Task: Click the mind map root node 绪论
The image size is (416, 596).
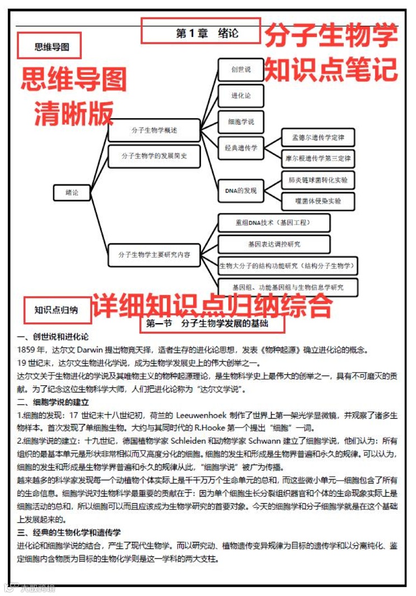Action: (x=72, y=192)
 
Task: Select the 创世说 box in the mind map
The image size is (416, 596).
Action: (x=241, y=69)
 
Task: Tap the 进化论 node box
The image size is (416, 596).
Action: (x=241, y=96)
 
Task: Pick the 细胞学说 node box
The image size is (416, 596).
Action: (x=241, y=122)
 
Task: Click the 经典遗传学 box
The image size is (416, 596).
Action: (x=241, y=148)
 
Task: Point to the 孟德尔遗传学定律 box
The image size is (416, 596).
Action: (x=318, y=137)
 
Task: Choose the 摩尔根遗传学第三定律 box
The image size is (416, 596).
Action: (x=318, y=159)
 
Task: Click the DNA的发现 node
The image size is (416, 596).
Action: (x=241, y=190)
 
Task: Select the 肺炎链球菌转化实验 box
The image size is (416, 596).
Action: (x=318, y=180)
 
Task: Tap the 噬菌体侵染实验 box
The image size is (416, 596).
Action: (x=318, y=201)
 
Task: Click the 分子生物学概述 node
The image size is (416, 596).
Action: (x=154, y=130)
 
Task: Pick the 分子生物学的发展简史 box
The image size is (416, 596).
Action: (x=154, y=156)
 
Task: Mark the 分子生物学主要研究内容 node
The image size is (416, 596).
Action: (x=154, y=255)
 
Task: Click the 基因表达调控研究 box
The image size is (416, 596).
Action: (x=274, y=244)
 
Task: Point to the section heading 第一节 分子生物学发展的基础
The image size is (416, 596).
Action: (x=213, y=324)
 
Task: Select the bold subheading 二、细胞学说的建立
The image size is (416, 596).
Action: (x=53, y=402)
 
